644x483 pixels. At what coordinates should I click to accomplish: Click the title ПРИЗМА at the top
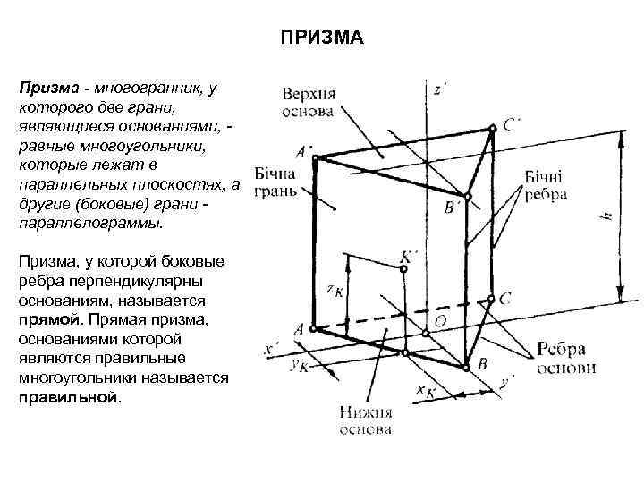pos(321,38)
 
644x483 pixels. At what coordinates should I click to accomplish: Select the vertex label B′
pos(453,208)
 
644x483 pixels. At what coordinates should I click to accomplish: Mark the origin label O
pos(440,320)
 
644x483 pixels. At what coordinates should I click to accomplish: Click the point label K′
pos(411,257)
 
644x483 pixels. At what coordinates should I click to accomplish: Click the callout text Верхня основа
pos(309,103)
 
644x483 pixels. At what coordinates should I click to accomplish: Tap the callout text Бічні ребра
pos(547,186)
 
